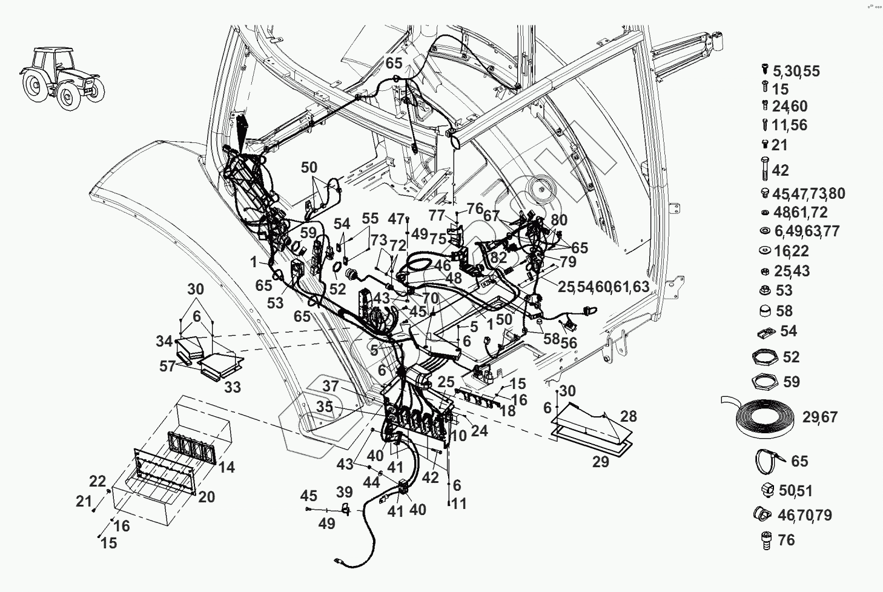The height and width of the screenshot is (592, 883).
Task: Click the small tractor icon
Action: coord(62,75)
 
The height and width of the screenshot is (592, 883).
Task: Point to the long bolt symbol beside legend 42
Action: coord(764,167)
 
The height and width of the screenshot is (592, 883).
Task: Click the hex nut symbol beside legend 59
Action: coord(766,382)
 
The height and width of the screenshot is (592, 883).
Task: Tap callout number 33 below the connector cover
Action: coord(233,387)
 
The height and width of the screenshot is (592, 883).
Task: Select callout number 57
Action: coord(168,367)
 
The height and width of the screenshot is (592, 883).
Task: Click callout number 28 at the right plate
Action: coord(629,416)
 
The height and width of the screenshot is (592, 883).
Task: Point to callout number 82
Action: coord(498,258)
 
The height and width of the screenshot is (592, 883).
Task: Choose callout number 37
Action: coord(330,386)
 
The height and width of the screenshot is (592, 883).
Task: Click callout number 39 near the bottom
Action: coord(344,491)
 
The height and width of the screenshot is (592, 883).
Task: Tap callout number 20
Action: coord(207,497)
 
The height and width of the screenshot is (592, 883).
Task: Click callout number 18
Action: coord(507,411)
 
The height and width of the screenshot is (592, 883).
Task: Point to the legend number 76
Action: coord(785,540)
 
